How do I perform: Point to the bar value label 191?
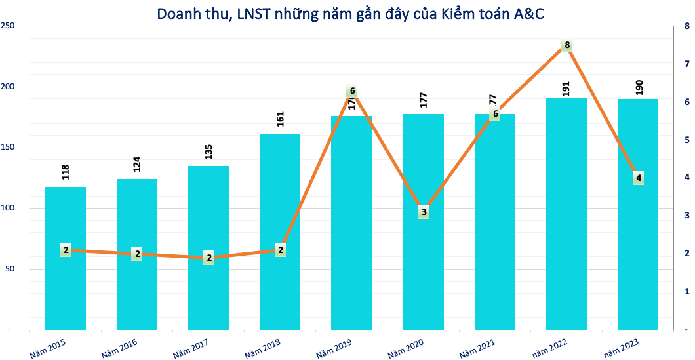pyautogui.click(x=567, y=85)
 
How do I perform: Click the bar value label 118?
pyautogui.click(x=66, y=172)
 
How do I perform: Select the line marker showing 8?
pyautogui.click(x=567, y=45)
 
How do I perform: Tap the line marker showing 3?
pyautogui.click(x=424, y=212)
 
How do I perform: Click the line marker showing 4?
pyautogui.click(x=638, y=178)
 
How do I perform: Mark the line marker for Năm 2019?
pyautogui.click(x=352, y=91)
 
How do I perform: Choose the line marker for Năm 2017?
pyautogui.click(x=208, y=258)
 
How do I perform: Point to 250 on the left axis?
pyautogui.click(x=9, y=26)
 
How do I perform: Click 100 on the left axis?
pyautogui.click(x=9, y=208)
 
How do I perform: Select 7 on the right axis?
pyautogui.click(x=686, y=64)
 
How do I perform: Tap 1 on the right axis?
pyautogui.click(x=686, y=290)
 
